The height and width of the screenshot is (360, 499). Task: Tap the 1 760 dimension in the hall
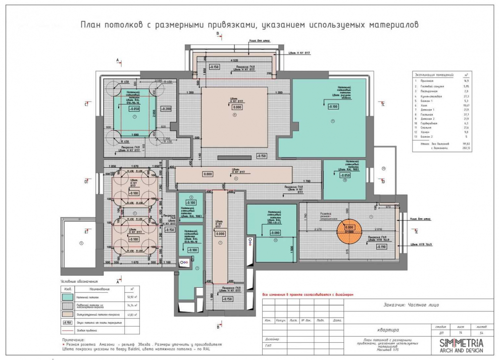[307, 180]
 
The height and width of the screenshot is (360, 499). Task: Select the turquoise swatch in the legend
[67, 298]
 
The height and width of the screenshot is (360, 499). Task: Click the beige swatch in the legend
[67, 315]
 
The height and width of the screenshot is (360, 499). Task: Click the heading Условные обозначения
[79, 281]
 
